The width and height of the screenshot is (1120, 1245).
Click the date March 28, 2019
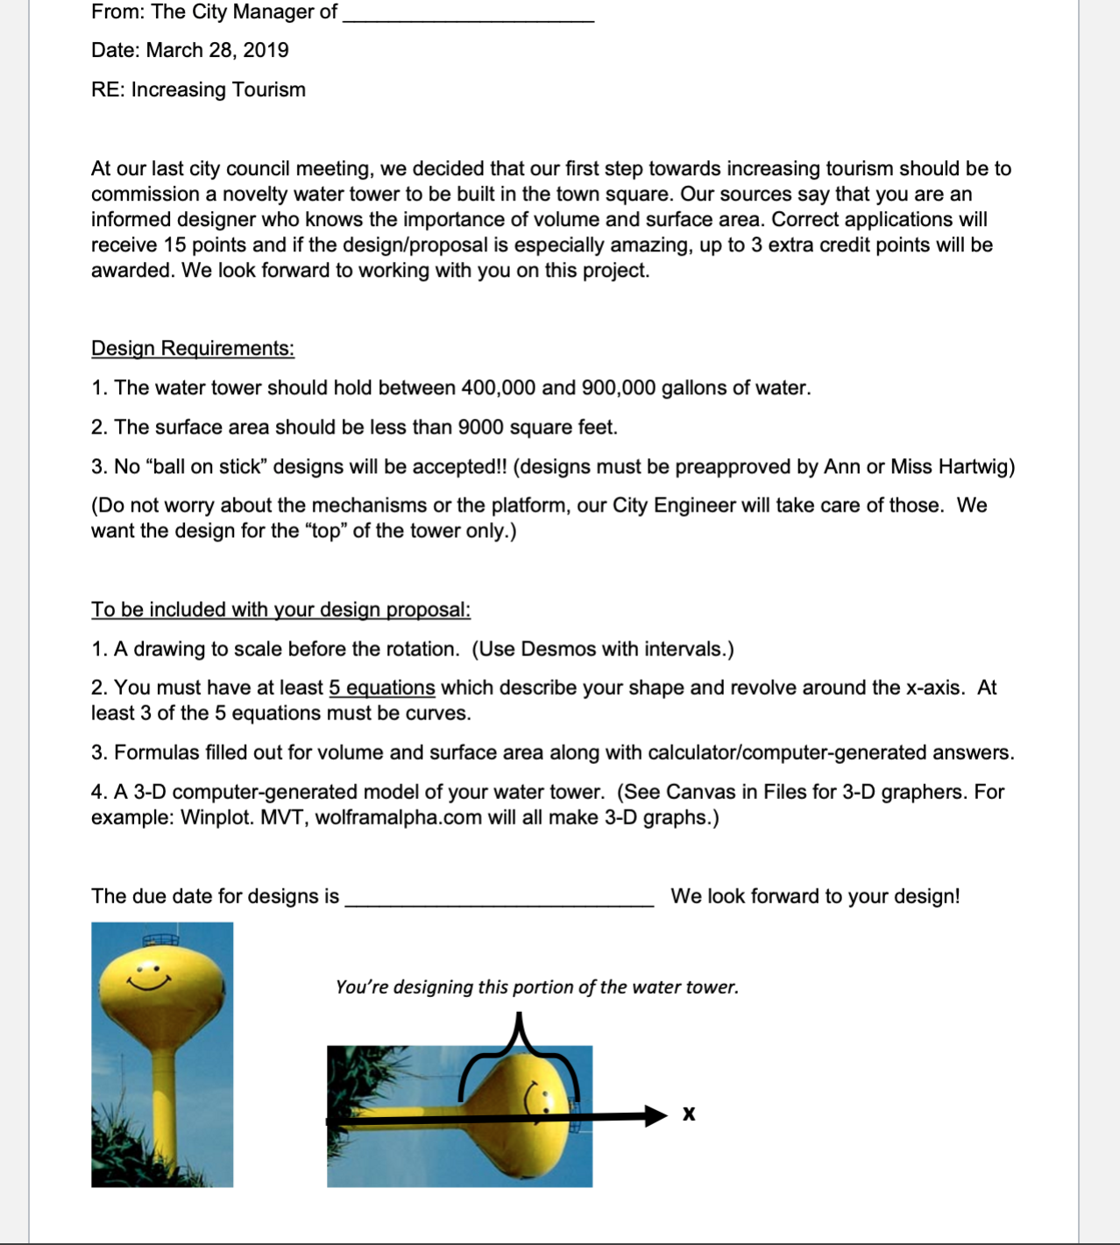point(216,50)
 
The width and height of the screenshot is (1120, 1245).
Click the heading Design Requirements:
point(193,349)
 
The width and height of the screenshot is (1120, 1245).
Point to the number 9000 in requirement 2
point(480,428)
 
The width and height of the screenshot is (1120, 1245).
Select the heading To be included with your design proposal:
point(280,610)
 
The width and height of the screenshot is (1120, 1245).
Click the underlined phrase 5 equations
point(382,688)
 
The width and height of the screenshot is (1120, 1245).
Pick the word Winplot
point(217,817)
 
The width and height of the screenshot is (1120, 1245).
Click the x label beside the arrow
point(689,1114)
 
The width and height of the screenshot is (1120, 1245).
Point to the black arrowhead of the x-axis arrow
point(656,1115)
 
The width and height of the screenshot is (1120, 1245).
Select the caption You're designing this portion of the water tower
point(536,987)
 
